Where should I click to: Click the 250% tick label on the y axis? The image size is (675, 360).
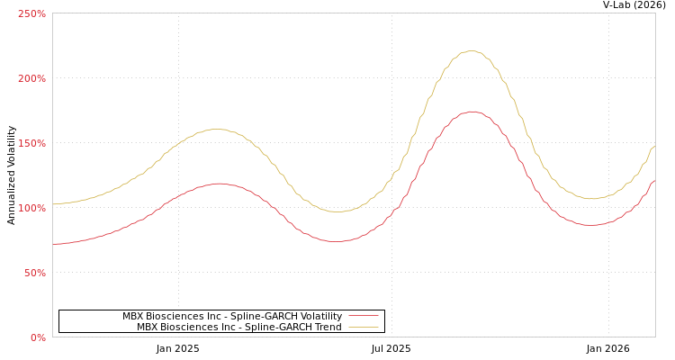[31, 13]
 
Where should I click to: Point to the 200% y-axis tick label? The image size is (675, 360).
[31, 78]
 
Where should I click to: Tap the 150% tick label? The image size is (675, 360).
[31, 143]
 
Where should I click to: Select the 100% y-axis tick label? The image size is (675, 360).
[31, 208]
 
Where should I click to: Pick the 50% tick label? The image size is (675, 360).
[33, 273]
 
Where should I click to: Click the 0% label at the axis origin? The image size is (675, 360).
[38, 337]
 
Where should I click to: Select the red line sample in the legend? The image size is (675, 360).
[363, 316]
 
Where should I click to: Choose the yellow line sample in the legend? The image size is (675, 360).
[363, 327]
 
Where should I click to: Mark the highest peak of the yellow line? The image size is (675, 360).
[472, 51]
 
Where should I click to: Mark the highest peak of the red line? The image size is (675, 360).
[472, 112]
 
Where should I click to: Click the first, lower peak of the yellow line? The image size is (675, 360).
[218, 129]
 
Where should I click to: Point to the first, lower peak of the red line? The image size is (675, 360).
[218, 184]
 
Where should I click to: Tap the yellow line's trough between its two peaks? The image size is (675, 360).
[336, 211]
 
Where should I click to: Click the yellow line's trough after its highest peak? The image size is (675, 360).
[591, 199]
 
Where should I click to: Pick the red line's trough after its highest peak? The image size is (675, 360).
[590, 225]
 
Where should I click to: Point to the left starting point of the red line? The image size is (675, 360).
[53, 244]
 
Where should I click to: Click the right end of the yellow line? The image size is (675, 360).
[654, 146]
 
